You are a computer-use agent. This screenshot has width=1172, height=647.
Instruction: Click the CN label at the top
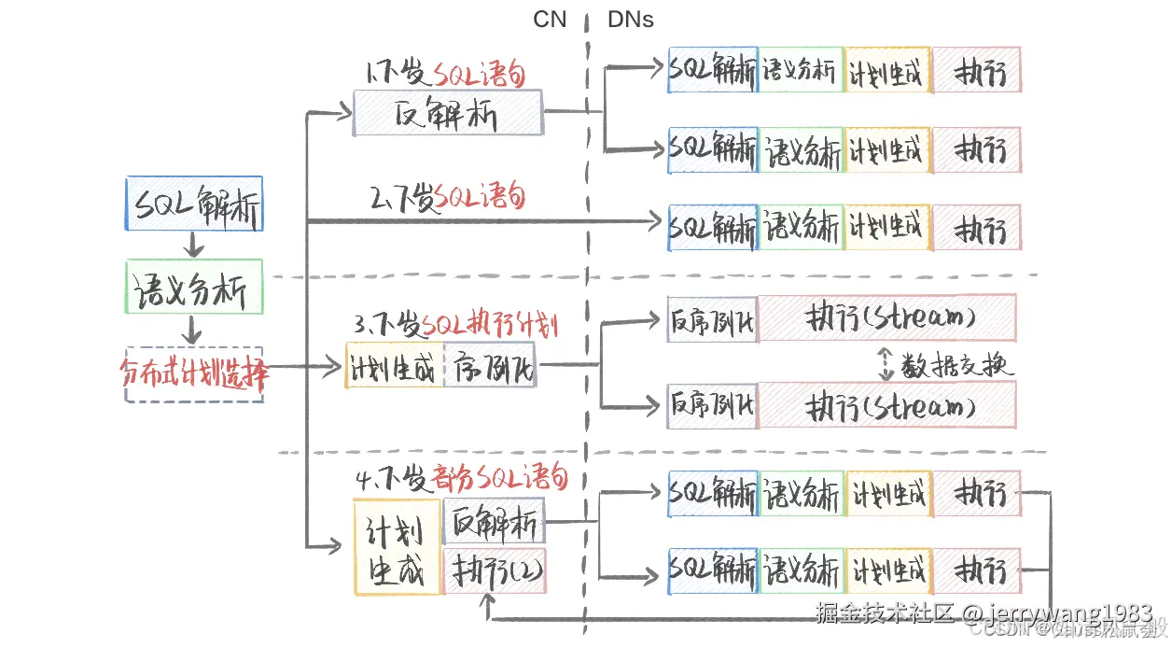click(550, 19)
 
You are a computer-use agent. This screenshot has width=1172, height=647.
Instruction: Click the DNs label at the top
click(631, 19)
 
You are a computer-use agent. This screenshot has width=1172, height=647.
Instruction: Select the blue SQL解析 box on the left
click(194, 204)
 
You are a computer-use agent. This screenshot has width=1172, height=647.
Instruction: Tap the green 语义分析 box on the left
click(194, 288)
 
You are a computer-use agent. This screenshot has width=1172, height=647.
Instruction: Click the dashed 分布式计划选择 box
click(194, 374)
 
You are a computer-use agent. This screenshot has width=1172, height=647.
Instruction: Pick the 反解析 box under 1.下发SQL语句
click(447, 113)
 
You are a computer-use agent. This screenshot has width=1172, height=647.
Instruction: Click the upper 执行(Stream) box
click(886, 317)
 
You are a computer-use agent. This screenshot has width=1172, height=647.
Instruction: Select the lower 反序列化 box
click(712, 405)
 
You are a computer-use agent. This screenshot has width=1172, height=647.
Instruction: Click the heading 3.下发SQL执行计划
click(455, 325)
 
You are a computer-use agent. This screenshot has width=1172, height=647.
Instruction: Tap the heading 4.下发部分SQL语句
click(462, 479)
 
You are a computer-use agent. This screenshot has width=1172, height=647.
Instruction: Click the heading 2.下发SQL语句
click(448, 197)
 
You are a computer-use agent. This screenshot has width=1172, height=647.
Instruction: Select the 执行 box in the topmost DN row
click(976, 70)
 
